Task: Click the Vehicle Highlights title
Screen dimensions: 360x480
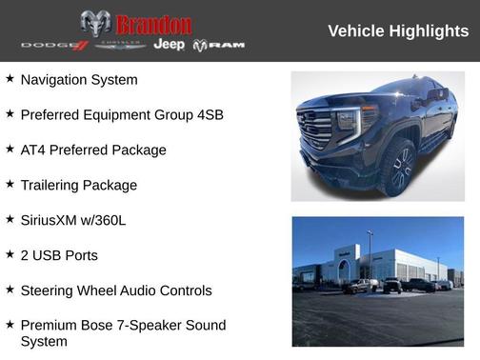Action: click(x=398, y=31)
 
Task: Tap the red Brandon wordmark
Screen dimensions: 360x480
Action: click(x=152, y=24)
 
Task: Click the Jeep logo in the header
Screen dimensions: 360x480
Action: click(x=170, y=45)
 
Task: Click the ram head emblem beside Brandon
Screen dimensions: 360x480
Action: click(x=95, y=24)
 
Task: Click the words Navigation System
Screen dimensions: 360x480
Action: click(x=79, y=80)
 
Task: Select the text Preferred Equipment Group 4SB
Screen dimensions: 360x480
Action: click(x=122, y=115)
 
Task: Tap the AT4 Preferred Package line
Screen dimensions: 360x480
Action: click(x=93, y=150)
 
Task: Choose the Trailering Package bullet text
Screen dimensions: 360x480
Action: click(x=79, y=186)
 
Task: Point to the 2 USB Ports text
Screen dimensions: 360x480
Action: click(x=59, y=255)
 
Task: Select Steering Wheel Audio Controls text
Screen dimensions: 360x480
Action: click(x=116, y=290)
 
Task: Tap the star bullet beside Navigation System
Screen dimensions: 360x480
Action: click(x=10, y=79)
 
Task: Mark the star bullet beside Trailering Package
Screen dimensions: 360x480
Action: click(x=10, y=185)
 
